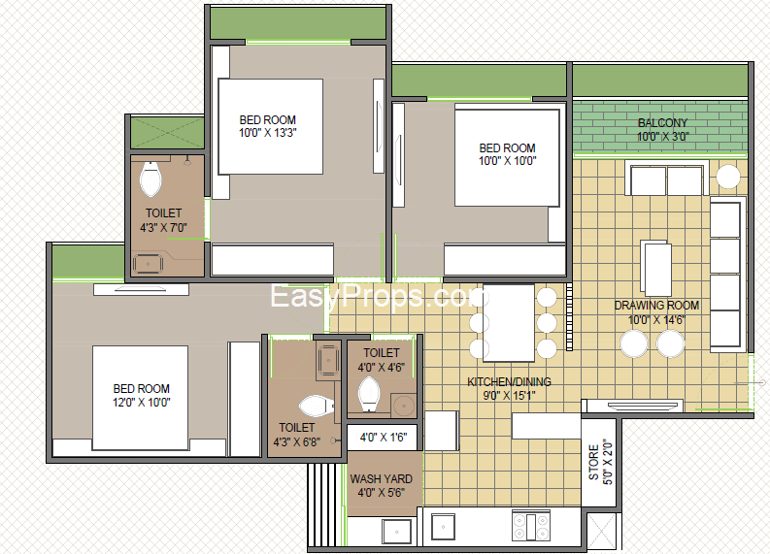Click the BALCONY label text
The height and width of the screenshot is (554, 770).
pyautogui.click(x=662, y=122)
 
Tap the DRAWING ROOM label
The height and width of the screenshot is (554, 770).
pyautogui.click(x=656, y=306)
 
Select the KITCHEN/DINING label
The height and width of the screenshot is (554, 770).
pyautogui.click(x=509, y=381)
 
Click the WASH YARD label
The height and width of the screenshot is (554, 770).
pyautogui.click(x=381, y=479)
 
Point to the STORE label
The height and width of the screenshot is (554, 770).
pyautogui.click(x=593, y=462)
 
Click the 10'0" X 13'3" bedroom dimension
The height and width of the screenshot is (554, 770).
pyautogui.click(x=268, y=133)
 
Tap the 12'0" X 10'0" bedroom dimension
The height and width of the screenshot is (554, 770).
pyautogui.click(x=142, y=402)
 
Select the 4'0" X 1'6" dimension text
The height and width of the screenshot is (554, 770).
pyautogui.click(x=384, y=438)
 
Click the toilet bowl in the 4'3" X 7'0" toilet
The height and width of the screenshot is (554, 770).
pyautogui.click(x=151, y=179)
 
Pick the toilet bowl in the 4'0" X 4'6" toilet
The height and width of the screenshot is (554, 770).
pyautogui.click(x=369, y=395)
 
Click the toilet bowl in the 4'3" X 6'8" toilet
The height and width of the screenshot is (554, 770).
pyautogui.click(x=317, y=407)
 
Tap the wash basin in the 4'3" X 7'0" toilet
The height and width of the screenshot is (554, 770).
pyautogui.click(x=148, y=264)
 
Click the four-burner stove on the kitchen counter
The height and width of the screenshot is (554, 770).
pyautogui.click(x=531, y=526)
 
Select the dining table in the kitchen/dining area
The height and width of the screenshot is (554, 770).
pyautogui.click(x=508, y=323)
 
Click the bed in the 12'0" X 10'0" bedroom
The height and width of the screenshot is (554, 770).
pyautogui.click(x=141, y=398)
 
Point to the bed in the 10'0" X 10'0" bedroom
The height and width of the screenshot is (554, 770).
pyautogui.click(x=507, y=157)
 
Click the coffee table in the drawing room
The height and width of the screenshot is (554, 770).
pyautogui.click(x=655, y=268)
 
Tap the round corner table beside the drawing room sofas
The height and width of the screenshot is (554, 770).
pyautogui.click(x=728, y=177)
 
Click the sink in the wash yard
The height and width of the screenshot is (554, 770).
pyautogui.click(x=397, y=531)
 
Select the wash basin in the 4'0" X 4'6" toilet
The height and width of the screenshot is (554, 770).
pyautogui.click(x=404, y=406)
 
